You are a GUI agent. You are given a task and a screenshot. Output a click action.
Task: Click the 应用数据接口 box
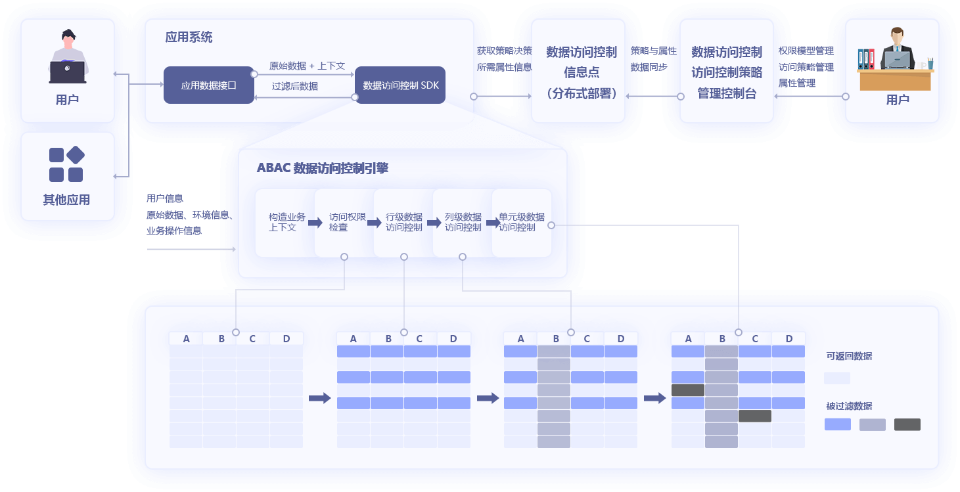(208, 85)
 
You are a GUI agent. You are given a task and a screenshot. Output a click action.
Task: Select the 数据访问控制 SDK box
(400, 85)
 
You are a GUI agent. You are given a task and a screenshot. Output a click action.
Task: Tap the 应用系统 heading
(189, 37)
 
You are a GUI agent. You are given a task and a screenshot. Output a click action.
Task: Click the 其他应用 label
(66, 200)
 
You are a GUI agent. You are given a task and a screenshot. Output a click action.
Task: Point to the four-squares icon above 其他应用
(66, 164)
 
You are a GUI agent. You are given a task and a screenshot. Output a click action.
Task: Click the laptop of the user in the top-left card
(67, 71)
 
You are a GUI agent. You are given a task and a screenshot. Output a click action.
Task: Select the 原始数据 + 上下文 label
(307, 66)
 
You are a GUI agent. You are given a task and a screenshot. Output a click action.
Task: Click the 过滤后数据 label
(295, 86)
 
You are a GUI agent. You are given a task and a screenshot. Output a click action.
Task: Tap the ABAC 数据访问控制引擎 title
(322, 168)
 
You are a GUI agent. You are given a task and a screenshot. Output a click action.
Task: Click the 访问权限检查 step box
(338, 222)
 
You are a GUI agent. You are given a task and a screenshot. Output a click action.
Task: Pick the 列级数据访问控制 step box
(463, 222)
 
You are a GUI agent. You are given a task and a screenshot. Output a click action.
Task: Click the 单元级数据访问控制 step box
(521, 222)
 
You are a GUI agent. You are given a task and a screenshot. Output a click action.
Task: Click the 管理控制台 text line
(726, 94)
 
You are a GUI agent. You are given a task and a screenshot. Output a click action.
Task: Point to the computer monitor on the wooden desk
(896, 60)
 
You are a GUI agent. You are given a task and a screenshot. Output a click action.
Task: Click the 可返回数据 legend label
(849, 356)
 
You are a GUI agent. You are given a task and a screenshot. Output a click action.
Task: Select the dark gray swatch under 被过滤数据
(907, 424)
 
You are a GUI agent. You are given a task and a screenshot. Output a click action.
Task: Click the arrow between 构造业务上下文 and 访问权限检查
(315, 223)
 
